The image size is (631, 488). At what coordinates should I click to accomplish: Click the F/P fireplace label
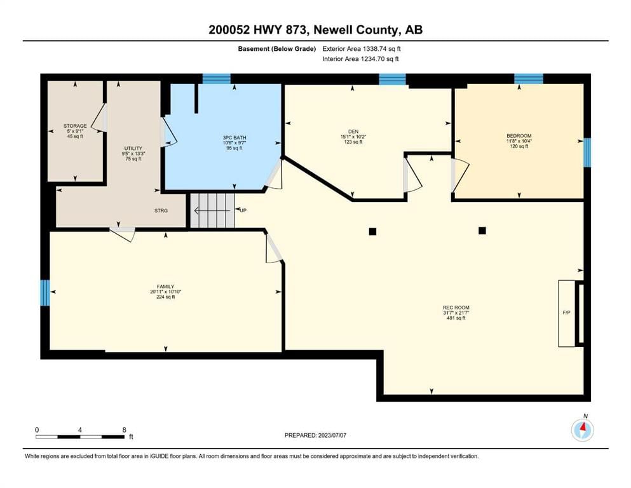(x=566, y=313)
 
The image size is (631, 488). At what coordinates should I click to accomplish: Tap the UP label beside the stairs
(x=243, y=210)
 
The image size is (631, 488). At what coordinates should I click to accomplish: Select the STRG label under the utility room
(x=161, y=210)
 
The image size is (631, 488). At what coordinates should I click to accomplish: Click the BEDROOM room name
(x=519, y=136)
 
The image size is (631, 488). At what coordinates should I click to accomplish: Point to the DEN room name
(x=353, y=132)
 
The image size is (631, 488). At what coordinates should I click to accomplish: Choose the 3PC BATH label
(x=234, y=138)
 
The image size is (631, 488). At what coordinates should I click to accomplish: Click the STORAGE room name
(x=75, y=126)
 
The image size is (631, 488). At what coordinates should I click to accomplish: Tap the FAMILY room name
(x=165, y=287)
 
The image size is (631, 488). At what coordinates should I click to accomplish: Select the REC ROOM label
(x=456, y=308)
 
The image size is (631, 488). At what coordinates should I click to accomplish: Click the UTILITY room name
(x=133, y=149)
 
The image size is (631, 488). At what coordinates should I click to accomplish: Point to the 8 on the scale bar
(x=124, y=430)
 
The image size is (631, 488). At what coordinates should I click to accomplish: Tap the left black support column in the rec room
(x=372, y=231)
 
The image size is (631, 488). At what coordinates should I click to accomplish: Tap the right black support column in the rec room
(x=482, y=231)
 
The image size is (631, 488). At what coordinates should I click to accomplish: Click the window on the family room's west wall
(x=45, y=293)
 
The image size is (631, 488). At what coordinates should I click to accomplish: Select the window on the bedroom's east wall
(x=587, y=152)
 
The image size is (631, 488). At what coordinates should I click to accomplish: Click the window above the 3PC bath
(x=217, y=78)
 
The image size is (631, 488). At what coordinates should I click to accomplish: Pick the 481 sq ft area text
(x=456, y=318)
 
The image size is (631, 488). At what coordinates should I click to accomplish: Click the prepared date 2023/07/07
(x=332, y=435)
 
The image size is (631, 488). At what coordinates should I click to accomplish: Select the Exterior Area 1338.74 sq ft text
(x=362, y=49)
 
